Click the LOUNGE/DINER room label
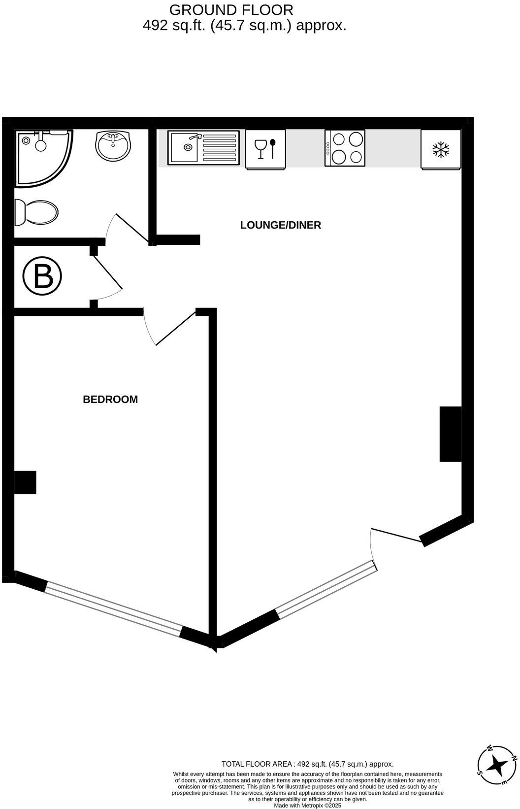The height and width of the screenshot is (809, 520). point(280,225)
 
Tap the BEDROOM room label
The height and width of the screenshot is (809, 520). point(110,399)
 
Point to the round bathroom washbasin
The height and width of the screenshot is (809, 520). point(113,145)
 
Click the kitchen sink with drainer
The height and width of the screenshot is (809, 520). point(203,147)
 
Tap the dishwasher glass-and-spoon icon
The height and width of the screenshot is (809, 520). point(265,149)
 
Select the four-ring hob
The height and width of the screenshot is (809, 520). point(345,148)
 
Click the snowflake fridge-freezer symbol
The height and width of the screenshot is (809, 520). point(441,149)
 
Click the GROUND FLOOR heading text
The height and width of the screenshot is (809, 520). point(231,9)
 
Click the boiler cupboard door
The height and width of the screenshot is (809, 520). point(106,274)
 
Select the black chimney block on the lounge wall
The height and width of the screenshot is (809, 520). point(450,434)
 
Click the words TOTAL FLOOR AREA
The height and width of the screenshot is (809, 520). point(257,764)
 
